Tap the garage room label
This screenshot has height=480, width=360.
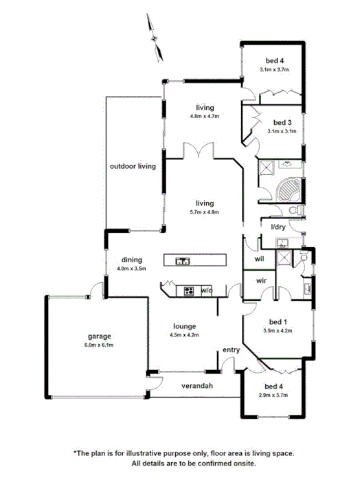click(x=99, y=336)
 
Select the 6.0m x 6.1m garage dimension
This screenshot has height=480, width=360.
click(x=99, y=345)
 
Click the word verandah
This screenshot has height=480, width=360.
click(x=197, y=386)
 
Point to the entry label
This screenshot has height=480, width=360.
click(x=231, y=350)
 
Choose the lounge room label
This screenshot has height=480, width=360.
click(x=185, y=326)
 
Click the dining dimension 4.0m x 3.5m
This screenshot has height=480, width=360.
click(x=132, y=268)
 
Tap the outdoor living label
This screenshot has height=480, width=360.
click(x=133, y=166)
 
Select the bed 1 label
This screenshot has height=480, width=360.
click(x=278, y=322)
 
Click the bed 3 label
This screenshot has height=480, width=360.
click(x=278, y=122)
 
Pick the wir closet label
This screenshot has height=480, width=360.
click(x=261, y=281)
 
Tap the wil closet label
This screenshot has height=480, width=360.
click(x=260, y=259)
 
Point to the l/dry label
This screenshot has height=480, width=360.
click(x=278, y=227)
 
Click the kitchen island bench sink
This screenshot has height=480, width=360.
click(x=183, y=260)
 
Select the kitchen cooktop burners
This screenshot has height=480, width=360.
click(x=188, y=291)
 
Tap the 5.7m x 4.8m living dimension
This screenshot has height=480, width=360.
click(x=204, y=212)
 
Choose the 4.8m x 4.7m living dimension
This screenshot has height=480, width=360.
click(x=204, y=116)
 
